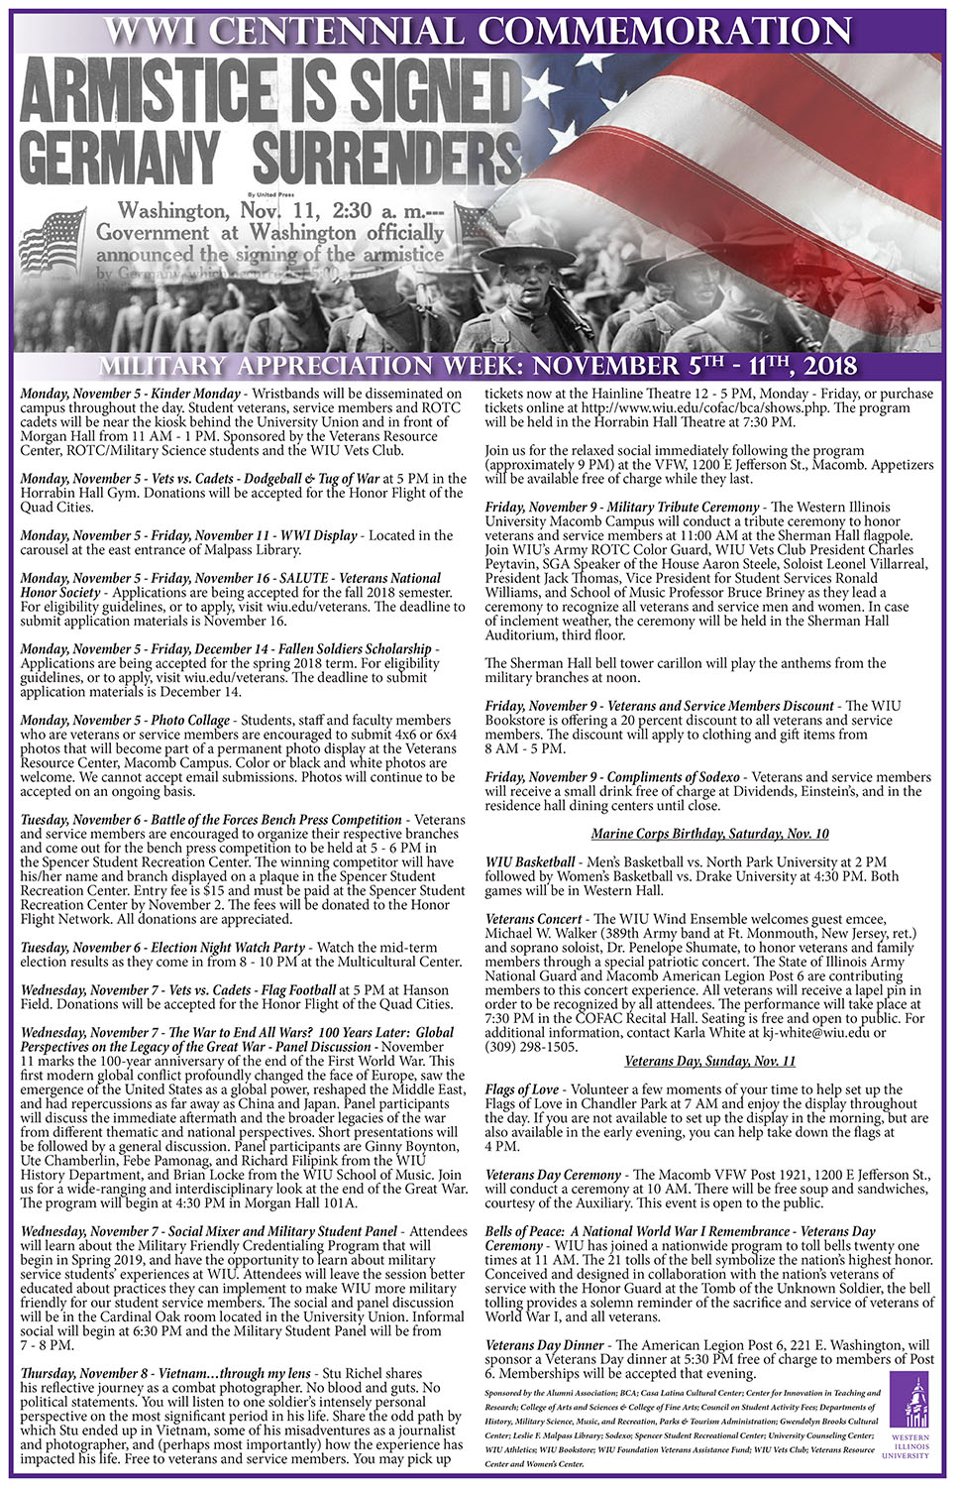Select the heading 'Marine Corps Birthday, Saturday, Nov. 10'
pyautogui.click(x=709, y=834)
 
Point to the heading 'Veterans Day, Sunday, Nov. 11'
pyautogui.click(x=709, y=1061)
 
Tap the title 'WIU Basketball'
pyautogui.click(x=529, y=861)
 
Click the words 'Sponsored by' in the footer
pyautogui.click(x=507, y=1393)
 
